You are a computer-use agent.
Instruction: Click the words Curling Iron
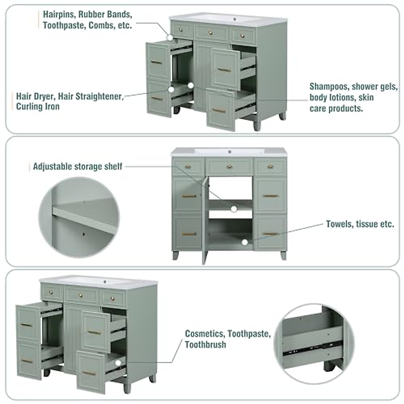pyautogui.click(x=38, y=107)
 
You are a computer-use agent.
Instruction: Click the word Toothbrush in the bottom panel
pyautogui.click(x=205, y=345)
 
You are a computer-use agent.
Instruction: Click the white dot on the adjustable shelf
pyautogui.click(x=234, y=209)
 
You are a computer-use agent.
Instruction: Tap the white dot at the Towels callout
pyautogui.click(x=245, y=242)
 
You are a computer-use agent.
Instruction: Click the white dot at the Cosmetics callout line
pyautogui.click(x=118, y=363)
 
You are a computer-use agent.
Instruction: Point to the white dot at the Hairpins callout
pyautogui.click(x=170, y=38)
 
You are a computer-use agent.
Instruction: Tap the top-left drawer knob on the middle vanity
pyautogui.click(x=188, y=166)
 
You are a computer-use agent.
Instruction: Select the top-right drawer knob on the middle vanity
pyautogui.click(x=270, y=166)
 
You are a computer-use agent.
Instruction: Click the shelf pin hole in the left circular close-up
pyautogui.click(x=83, y=233)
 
